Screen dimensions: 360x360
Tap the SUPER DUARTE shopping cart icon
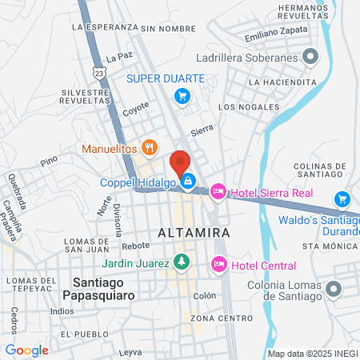point(182,96)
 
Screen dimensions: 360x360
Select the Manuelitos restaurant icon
point(148,147)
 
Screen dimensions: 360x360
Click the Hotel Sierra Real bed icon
point(217,191)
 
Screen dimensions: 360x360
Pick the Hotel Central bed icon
point(218,265)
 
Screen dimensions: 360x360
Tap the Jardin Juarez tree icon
point(182,262)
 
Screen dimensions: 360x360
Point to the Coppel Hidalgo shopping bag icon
point(187,182)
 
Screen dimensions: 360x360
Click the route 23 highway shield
point(98,73)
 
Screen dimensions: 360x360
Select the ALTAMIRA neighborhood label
point(195,232)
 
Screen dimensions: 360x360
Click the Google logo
point(26,350)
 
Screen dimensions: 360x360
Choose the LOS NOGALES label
point(249,106)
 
